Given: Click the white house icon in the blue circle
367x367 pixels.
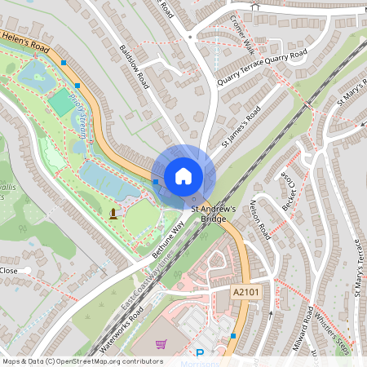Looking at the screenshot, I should (x=183, y=175).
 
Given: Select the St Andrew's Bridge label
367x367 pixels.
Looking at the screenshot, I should (x=213, y=213).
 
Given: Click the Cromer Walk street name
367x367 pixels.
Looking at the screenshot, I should (x=243, y=33).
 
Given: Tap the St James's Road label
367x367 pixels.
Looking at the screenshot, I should (x=241, y=126).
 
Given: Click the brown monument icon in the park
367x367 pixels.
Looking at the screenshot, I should (x=113, y=214).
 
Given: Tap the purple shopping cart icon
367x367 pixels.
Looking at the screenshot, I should (x=161, y=344).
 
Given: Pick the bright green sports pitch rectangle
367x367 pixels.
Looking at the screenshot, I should (x=60, y=102).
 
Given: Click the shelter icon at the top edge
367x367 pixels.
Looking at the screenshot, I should (x=254, y=6).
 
